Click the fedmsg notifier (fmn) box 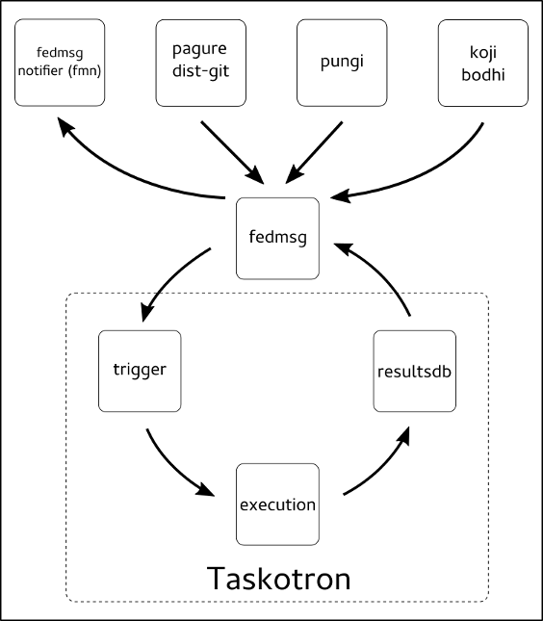pos(60,63)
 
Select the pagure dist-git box pos(201,63)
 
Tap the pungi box pos(342,63)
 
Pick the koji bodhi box pos(483,63)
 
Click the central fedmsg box pos(277,239)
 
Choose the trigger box pos(140,371)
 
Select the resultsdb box pos(415,371)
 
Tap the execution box pos(277,505)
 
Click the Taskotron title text pos(279,579)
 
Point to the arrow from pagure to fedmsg pos(232,152)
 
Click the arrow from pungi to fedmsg pos(314,153)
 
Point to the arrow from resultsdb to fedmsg pos(379,272)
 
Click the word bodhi pos(483,74)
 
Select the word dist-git pos(201,71)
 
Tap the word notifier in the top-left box pos(40,71)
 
